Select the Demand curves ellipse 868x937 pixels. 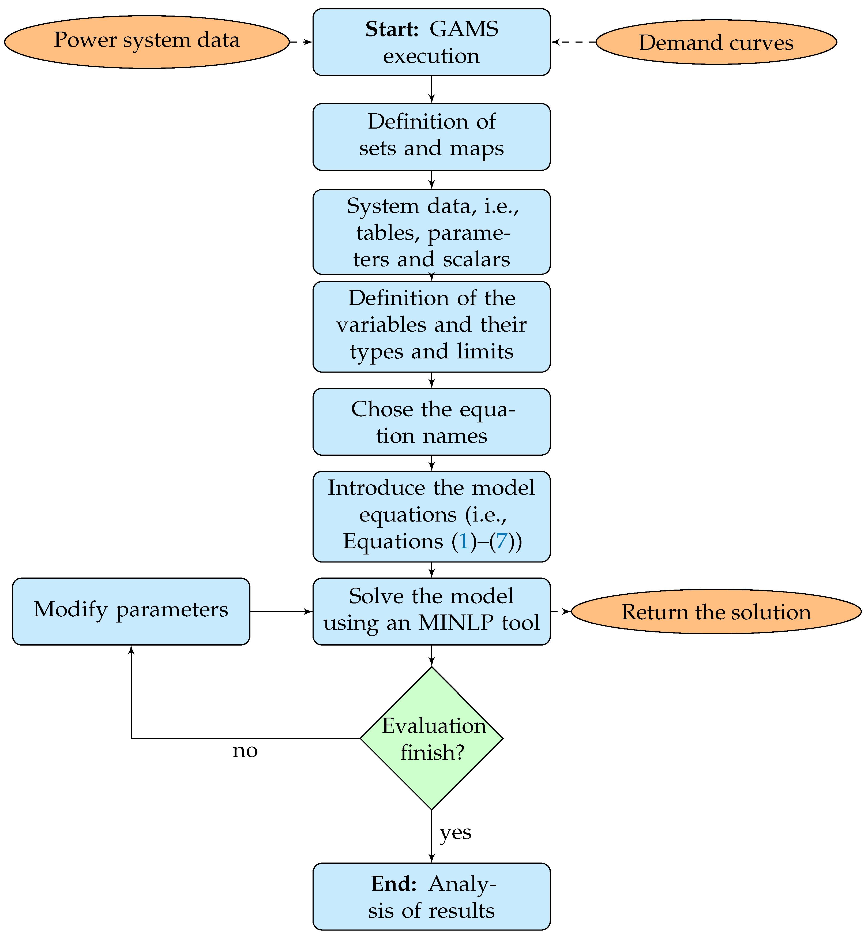pos(716,42)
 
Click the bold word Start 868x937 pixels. pos(392,29)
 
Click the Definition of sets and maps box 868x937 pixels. pos(431,137)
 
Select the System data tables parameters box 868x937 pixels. pos(431,232)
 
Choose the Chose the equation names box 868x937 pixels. pos(431,422)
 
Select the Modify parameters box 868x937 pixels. pos(131,611)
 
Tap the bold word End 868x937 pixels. pos(394,884)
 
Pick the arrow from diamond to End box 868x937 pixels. pos(431,836)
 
